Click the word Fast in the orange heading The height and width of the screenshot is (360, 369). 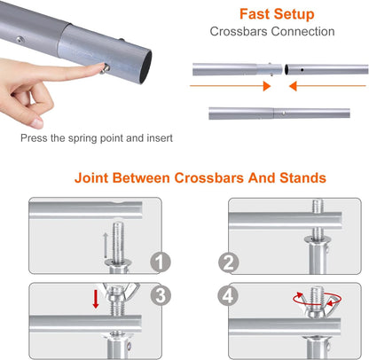click(254, 14)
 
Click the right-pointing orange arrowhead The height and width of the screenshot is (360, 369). click(267, 86)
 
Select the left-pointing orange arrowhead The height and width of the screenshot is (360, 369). click(293, 86)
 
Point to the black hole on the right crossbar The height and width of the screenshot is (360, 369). click(302, 70)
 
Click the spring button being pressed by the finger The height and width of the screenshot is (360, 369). click(106, 69)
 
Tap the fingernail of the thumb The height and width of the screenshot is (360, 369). click(37, 122)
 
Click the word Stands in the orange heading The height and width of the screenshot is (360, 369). click(302, 178)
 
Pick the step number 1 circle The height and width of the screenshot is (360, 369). click(161, 262)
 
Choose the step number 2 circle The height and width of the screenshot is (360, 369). click(228, 262)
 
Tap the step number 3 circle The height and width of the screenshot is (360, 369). click(161, 295)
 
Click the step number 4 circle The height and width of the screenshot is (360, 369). click(228, 295)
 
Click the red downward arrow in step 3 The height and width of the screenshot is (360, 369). click(96, 299)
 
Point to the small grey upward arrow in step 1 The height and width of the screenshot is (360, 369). click(105, 246)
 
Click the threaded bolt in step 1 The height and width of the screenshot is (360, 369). click(118, 242)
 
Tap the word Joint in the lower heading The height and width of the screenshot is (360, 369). click(91, 178)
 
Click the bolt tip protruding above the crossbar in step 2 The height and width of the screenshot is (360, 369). click(318, 206)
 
